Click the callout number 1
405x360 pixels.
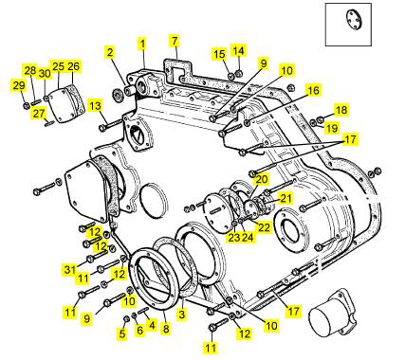click(142, 45)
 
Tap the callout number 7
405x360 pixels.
click(175, 41)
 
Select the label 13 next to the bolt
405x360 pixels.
click(95, 106)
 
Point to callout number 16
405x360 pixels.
click(314, 91)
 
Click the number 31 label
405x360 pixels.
click(69, 270)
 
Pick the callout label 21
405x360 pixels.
click(285, 198)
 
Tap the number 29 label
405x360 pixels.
click(19, 85)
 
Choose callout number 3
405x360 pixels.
click(182, 315)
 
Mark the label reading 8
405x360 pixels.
click(166, 329)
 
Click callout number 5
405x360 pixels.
click(122, 333)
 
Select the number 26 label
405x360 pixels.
click(73, 66)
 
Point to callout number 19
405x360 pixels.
click(332, 128)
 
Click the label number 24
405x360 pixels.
click(248, 237)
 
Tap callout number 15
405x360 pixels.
click(219, 54)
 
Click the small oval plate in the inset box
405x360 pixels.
click(354, 20)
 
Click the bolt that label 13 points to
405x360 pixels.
click(111, 125)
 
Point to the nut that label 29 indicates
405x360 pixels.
click(27, 105)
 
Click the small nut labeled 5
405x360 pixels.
click(125, 318)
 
